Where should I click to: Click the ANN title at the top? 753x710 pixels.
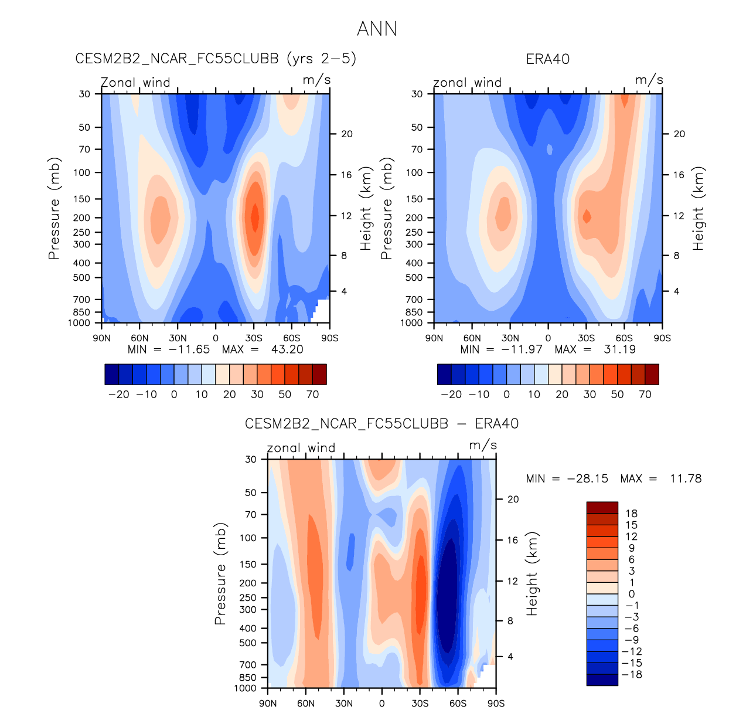pos(377,29)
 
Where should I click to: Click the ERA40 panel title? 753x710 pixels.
pos(547,59)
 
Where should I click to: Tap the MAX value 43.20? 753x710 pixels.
pos(287,349)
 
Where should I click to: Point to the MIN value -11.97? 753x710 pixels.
pos(522,349)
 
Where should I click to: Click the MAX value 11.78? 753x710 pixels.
pos(685,478)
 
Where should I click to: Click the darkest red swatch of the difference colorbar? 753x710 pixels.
pos(602,508)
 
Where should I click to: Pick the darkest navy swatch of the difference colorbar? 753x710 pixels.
pos(602,680)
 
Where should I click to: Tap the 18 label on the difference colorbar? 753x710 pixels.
pos(631,514)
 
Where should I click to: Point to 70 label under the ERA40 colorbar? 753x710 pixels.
pos(645,395)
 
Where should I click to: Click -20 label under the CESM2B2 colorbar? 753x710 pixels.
pos(119,395)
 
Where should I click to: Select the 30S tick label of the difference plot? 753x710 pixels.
pos(420,703)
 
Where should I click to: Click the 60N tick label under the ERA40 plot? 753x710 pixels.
pos(472,338)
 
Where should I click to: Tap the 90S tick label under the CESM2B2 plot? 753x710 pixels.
pos(330,338)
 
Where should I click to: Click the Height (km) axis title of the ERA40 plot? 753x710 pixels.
pos(699,209)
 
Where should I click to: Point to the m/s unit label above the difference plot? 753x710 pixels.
pos(483,446)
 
